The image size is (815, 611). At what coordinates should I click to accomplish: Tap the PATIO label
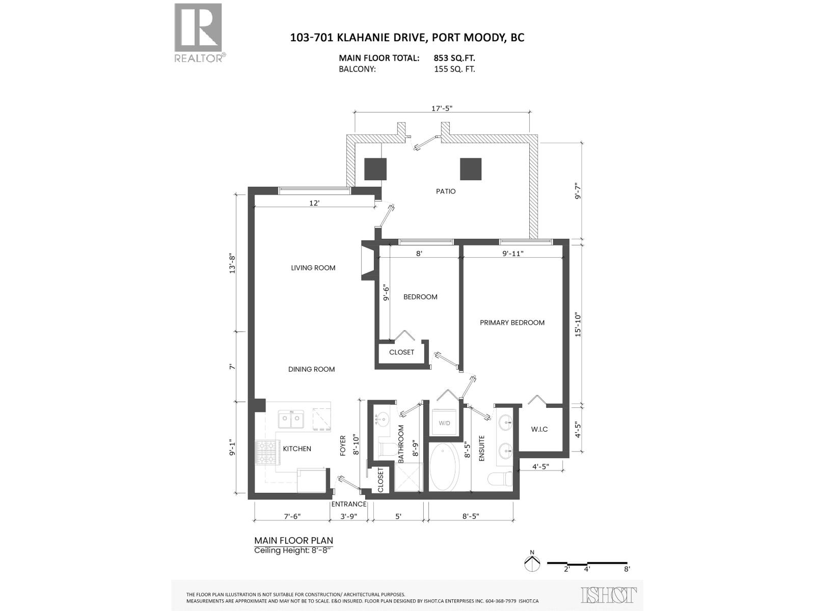click(446, 191)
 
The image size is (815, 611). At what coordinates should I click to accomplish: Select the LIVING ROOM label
click(313, 268)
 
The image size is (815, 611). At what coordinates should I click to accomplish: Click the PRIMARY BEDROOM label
click(512, 323)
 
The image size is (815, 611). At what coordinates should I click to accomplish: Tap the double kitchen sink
click(291, 420)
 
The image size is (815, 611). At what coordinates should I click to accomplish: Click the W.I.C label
click(539, 429)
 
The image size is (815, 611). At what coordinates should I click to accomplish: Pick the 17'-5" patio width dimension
click(442, 108)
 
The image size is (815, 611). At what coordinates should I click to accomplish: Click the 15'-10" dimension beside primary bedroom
click(578, 324)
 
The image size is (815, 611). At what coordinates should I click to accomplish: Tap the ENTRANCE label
click(349, 504)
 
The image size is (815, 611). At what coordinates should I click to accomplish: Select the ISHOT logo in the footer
click(609, 595)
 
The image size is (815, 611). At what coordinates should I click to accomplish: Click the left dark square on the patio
click(375, 169)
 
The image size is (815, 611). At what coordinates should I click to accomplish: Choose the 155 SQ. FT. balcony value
click(454, 69)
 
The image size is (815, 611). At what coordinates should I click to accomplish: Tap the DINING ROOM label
click(311, 369)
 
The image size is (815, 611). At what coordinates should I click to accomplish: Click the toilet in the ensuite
click(499, 479)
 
